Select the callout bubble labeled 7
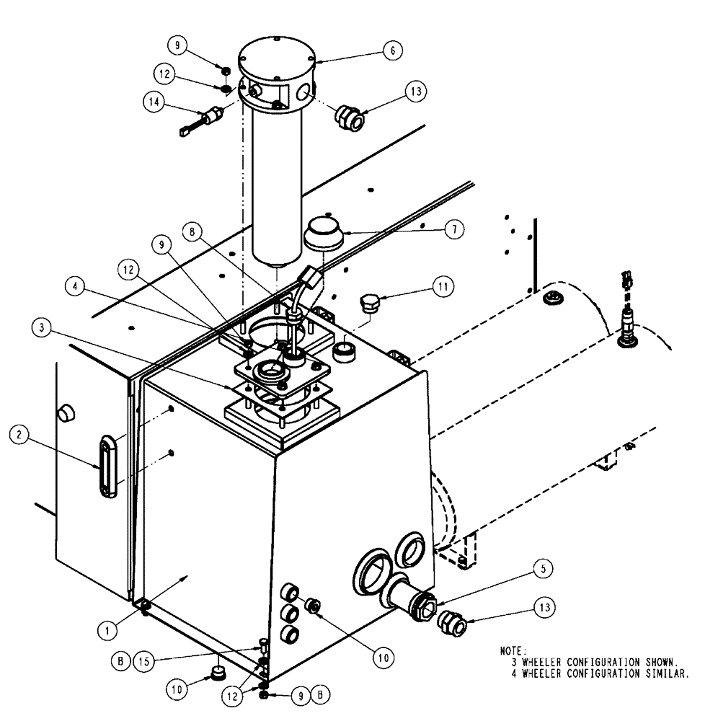(453, 230)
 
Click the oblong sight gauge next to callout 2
(107, 465)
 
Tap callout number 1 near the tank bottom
(109, 629)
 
